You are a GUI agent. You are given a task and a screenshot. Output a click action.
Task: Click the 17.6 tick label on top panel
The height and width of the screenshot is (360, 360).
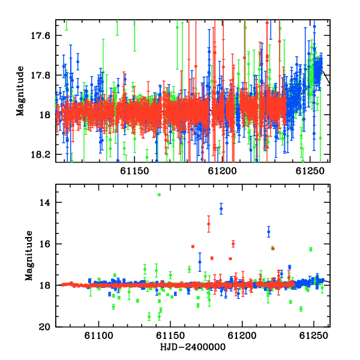pos(40,36)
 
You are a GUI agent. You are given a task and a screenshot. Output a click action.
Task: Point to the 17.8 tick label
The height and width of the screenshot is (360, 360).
pos(40,76)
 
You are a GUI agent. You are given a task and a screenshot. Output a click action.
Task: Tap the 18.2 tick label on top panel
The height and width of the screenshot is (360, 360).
pos(40,155)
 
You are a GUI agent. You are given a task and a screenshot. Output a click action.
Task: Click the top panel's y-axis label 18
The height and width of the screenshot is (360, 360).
pos(45,115)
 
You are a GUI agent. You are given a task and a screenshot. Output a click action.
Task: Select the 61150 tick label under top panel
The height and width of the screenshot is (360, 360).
pos(134,171)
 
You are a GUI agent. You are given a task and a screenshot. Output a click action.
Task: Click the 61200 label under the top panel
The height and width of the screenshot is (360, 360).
pos(222,171)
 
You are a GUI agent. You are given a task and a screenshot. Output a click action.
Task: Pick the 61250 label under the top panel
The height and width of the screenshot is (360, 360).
pos(310,171)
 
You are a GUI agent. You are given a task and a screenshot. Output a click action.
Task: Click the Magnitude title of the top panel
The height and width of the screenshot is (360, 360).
pos(20,91)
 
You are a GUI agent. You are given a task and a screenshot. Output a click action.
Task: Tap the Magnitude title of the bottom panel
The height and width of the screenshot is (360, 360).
pos(29,256)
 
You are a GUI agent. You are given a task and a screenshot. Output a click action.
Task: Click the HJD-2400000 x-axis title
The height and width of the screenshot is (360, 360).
pos(193,347)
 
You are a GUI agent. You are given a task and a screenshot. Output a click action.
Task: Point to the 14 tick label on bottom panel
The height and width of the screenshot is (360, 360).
pos(45,203)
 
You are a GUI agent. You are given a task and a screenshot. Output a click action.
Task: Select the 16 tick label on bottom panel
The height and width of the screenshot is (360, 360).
pos(45,244)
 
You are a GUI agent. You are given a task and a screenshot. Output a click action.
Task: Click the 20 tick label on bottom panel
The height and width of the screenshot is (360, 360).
pos(44,327)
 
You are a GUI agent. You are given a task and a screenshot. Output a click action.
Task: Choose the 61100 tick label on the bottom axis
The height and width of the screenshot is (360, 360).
pos(99,336)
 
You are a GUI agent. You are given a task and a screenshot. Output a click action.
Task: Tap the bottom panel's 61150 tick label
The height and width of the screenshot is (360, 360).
pos(170,336)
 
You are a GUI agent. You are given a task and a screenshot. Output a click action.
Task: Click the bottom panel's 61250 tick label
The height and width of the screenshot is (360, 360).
pos(314,336)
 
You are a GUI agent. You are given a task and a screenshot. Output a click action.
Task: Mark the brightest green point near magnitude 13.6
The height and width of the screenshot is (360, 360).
pos(159,194)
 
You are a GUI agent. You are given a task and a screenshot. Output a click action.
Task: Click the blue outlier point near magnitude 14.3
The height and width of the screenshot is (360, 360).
pos(221,209)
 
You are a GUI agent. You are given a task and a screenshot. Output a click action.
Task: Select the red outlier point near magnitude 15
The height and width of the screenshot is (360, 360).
pos(208,224)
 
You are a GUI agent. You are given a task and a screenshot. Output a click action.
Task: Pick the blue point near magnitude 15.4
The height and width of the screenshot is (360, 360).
pos(269,232)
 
